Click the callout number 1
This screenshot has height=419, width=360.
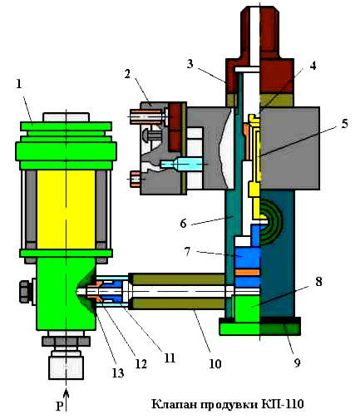19,84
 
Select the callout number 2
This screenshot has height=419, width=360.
127,74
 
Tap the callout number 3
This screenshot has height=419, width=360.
190,64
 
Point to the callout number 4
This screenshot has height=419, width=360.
313,66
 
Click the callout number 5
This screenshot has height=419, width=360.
344,124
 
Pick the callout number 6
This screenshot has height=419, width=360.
183,224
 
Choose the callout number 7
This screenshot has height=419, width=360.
188,251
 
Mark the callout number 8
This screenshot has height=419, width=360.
318,282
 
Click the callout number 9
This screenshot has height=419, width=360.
298,362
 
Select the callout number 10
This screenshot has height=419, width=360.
215,364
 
